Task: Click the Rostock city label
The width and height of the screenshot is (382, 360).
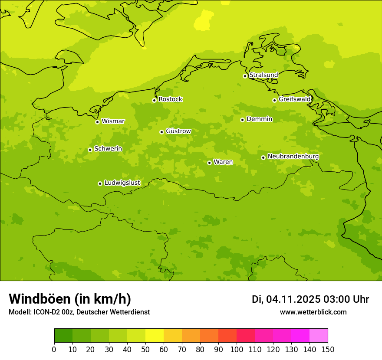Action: pos(170,99)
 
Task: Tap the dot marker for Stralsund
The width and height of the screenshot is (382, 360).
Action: pos(245,76)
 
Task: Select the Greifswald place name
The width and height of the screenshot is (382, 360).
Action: pos(294,99)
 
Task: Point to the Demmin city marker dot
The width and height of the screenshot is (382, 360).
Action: pos(242,120)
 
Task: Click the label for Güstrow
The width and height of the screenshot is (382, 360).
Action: pos(178,131)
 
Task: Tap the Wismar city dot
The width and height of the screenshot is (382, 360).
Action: pos(97,122)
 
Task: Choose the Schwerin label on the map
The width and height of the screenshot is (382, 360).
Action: pos(108,149)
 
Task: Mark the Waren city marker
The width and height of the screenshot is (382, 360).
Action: pos(209,163)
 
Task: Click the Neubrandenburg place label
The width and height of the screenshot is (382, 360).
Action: pos(293,156)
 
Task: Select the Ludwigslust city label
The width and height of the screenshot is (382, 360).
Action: pos(122,183)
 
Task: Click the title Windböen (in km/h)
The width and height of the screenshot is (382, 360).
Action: pos(70,299)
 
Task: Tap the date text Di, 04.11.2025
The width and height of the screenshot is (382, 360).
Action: pos(286,299)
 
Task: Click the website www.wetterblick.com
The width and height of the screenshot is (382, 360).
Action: pos(313,312)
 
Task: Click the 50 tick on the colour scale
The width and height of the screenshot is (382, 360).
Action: pos(145,349)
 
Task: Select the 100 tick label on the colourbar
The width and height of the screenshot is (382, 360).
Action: pos(237,349)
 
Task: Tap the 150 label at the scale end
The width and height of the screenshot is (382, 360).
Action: pos(328,349)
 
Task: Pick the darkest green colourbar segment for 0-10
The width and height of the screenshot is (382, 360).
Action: pos(63,336)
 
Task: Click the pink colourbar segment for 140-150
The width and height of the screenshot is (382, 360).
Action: pos(319,336)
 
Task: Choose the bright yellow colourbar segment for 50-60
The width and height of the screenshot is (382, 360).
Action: pos(155,336)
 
